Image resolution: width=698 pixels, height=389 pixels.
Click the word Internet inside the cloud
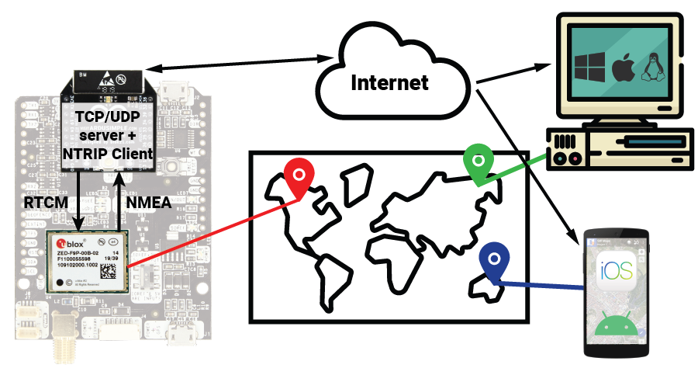389,82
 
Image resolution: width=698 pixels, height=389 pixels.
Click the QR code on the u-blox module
111,272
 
